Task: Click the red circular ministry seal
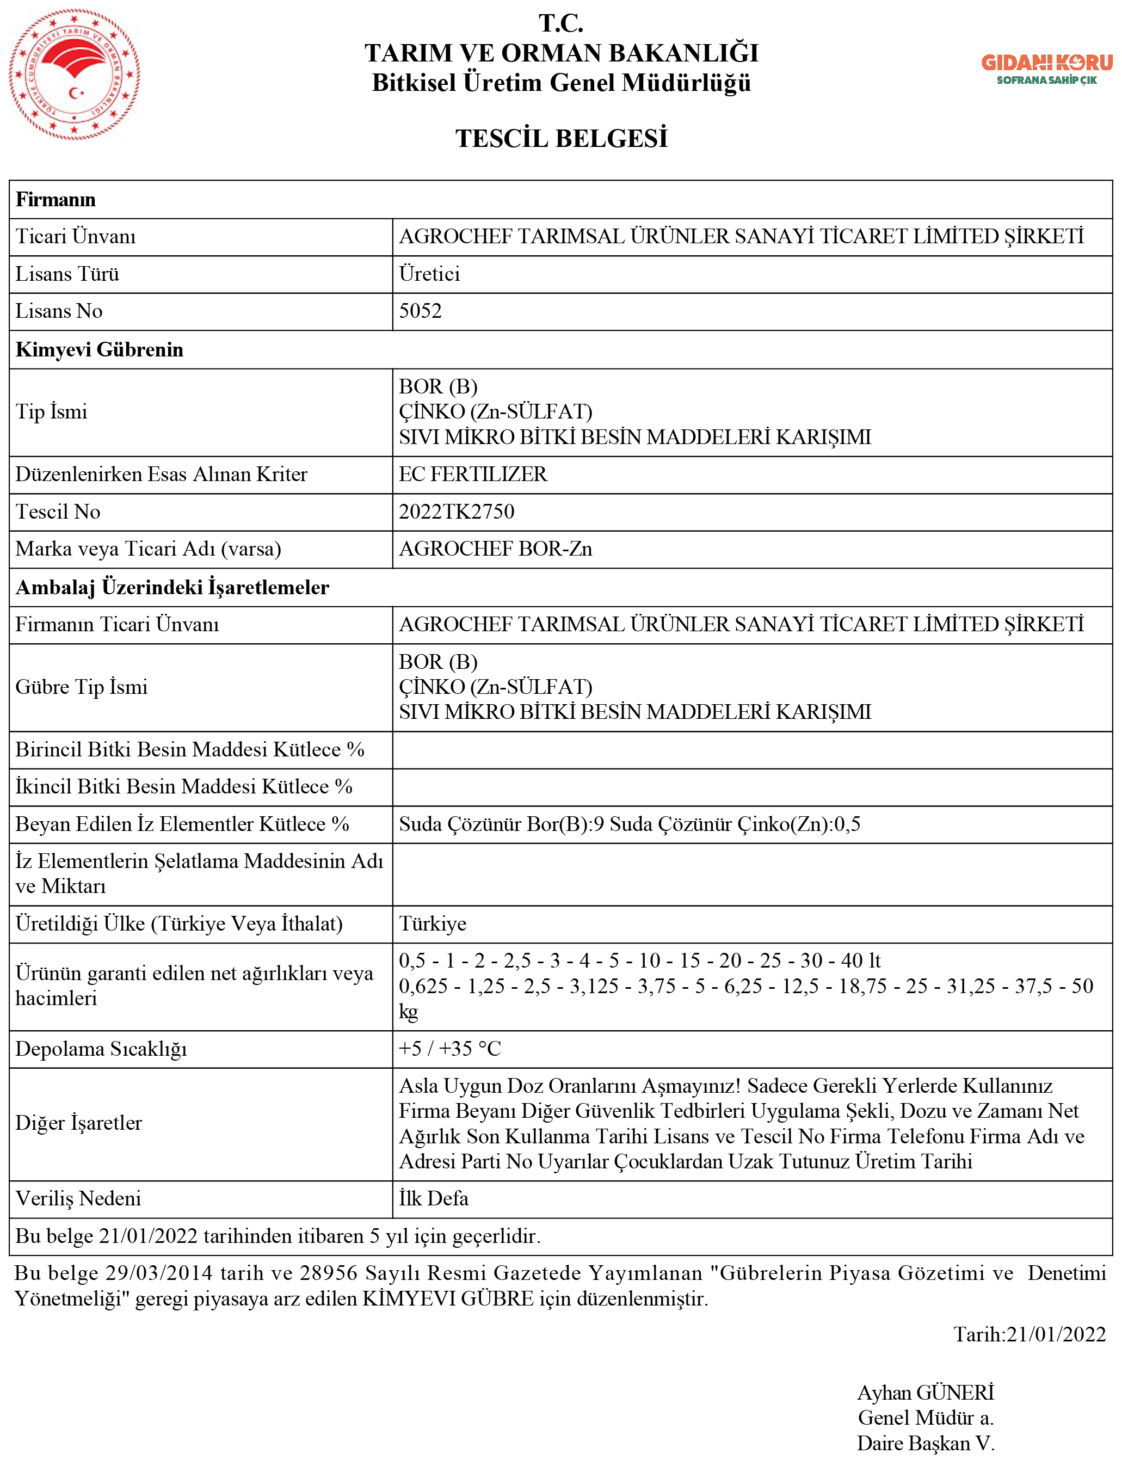coord(75,74)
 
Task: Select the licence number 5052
coord(420,311)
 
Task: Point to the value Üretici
coord(429,274)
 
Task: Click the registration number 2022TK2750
coord(456,512)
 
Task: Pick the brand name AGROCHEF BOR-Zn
coord(495,549)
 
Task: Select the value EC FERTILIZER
coord(473,475)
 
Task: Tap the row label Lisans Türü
coord(67,274)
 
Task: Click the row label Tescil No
coord(58,512)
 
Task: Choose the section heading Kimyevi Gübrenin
coord(99,349)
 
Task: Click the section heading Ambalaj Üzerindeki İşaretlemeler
coord(172,587)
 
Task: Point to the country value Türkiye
coord(433,924)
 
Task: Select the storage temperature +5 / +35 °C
coord(450,1049)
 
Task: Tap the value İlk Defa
coord(433,1198)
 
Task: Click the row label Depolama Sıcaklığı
coord(101,1049)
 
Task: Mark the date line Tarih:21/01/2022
coord(1029,1334)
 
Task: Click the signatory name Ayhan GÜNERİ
coord(925,1392)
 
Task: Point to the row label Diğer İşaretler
coord(78,1123)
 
